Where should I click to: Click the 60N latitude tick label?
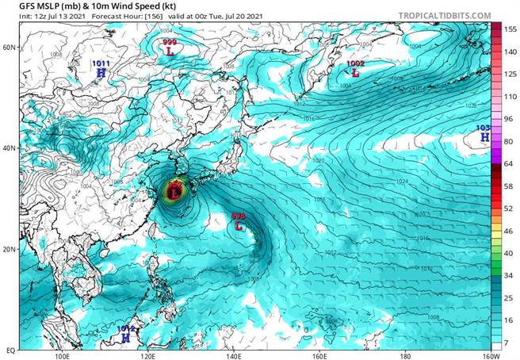[9, 48]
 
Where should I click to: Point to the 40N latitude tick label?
[9, 148]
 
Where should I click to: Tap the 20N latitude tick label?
[9, 249]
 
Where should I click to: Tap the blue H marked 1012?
[124, 337]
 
